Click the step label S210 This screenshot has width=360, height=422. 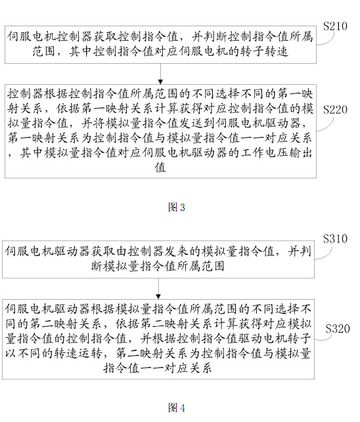(x=335, y=26)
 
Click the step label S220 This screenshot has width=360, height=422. (x=335, y=110)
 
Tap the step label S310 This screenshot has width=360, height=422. (x=335, y=239)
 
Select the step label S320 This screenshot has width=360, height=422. (x=338, y=329)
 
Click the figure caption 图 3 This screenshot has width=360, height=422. (x=177, y=207)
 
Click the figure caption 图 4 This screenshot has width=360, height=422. (x=177, y=408)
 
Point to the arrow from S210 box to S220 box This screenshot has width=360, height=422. (x=160, y=74)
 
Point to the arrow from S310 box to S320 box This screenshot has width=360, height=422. (x=158, y=289)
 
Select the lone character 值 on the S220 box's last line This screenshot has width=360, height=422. (x=160, y=168)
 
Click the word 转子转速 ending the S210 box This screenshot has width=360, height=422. (x=264, y=51)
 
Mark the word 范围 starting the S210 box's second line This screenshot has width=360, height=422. (x=44, y=51)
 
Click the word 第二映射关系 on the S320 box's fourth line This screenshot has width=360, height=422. (x=152, y=353)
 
